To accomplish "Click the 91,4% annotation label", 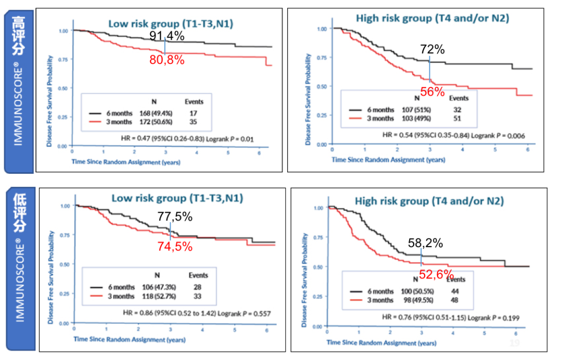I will point(167,36).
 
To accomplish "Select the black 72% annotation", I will point(433,50).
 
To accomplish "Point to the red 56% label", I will point(432,92).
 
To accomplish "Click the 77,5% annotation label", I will point(175,216).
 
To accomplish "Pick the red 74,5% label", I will point(175,247).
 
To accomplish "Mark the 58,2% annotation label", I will point(425,242).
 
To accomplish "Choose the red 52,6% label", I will point(437,275).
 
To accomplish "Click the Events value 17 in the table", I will point(194,112).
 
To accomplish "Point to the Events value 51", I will point(458,119).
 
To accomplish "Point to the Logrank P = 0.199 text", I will point(494,317).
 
